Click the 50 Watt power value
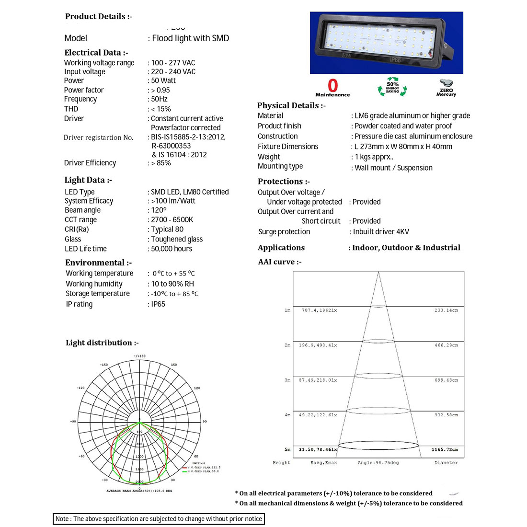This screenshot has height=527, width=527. pyautogui.click(x=163, y=80)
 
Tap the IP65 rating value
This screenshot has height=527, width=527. pyautogui.click(x=158, y=304)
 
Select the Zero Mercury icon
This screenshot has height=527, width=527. pyautogui.click(x=446, y=88)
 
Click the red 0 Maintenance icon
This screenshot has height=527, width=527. pyautogui.click(x=332, y=88)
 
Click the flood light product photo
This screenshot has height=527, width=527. pyautogui.click(x=386, y=43)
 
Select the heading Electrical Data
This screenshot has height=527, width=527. pyautogui.click(x=96, y=53)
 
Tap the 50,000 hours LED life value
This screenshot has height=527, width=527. pyautogui.click(x=172, y=249)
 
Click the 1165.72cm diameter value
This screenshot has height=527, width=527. pyautogui.click(x=445, y=450)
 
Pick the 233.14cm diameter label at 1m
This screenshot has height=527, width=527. pyautogui.click(x=446, y=310)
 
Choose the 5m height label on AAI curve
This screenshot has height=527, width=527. pyautogui.click(x=287, y=450)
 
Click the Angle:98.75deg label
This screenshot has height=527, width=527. pyautogui.click(x=378, y=463)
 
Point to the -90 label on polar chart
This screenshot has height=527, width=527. pyautogui.click(x=73, y=422)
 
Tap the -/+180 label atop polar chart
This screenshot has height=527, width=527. pyautogui.click(x=139, y=356)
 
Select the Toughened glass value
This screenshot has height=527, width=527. pyautogui.click(x=177, y=239)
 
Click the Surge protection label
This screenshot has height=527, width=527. pyautogui.click(x=284, y=232)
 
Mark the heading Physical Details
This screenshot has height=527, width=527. pyautogui.click(x=291, y=105)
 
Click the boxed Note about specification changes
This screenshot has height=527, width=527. pyautogui.click(x=159, y=519)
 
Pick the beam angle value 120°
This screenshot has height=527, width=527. pyautogui.click(x=159, y=210)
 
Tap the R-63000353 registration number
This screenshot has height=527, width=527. pyautogui.click(x=171, y=146)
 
